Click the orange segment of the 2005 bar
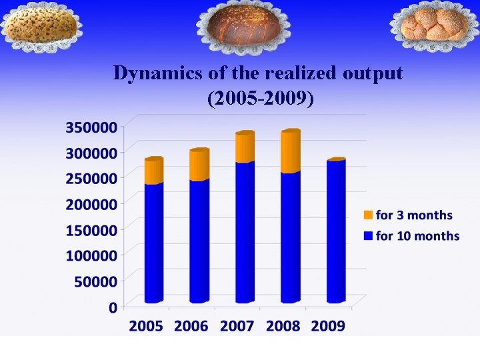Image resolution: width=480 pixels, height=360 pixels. click(x=154, y=171)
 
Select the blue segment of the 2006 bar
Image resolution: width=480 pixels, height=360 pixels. click(x=199, y=240)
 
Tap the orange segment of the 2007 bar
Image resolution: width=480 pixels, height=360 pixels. click(x=245, y=147)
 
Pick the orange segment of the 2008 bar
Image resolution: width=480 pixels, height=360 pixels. click(x=290, y=151)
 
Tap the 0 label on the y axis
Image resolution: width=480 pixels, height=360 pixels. click(x=113, y=307)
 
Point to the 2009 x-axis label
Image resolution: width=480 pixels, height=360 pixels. click(x=328, y=326)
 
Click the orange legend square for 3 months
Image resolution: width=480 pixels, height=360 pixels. click(x=368, y=215)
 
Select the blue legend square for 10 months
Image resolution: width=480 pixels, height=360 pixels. click(x=368, y=235)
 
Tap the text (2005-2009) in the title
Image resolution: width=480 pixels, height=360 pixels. click(x=261, y=99)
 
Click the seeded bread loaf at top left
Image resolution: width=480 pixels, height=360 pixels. click(x=41, y=26)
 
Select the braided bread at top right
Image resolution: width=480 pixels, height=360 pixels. click(x=434, y=25)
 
